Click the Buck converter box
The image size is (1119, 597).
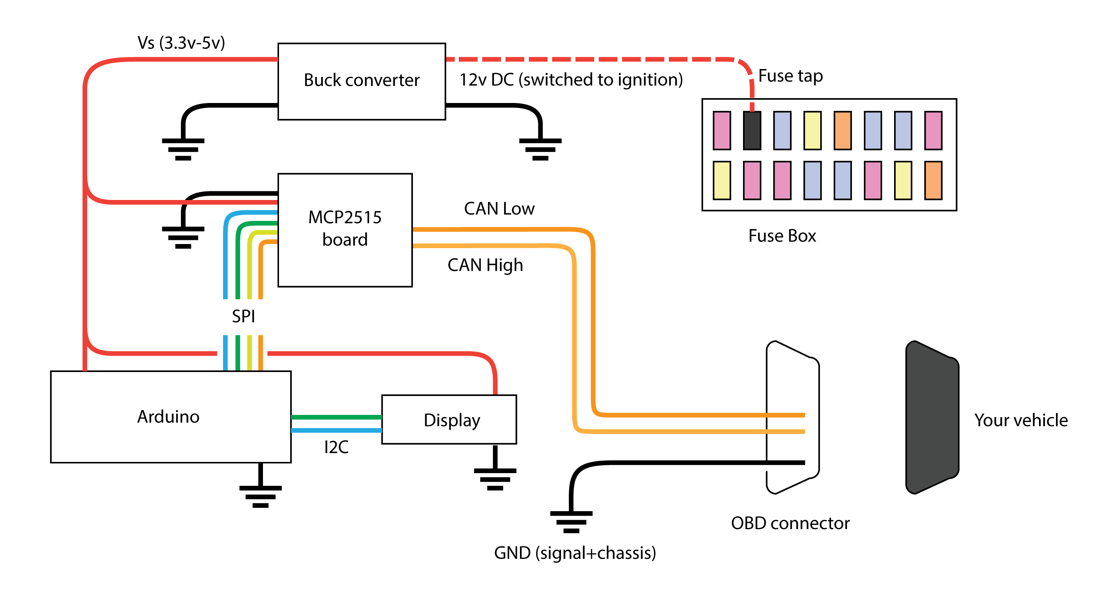coord(361,81)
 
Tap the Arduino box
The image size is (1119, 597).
coord(170,416)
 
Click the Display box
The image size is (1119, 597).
coord(449,419)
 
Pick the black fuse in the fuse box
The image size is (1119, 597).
coord(752,130)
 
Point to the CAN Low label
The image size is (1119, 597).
coord(499,209)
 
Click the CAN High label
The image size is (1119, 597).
coord(485,265)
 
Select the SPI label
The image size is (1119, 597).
coord(243,316)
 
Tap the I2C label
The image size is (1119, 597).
coord(336,447)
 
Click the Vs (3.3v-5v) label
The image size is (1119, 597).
coord(181,43)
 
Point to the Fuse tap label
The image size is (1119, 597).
coord(790,76)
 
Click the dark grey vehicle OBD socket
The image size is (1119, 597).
coord(932,417)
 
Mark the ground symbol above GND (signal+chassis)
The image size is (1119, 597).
coord(571,521)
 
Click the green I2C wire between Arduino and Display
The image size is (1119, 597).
coord(336,417)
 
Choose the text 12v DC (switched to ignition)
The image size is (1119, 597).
coord(571,80)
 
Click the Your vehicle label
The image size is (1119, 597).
coord(1021,420)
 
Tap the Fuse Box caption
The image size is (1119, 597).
coord(782,236)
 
